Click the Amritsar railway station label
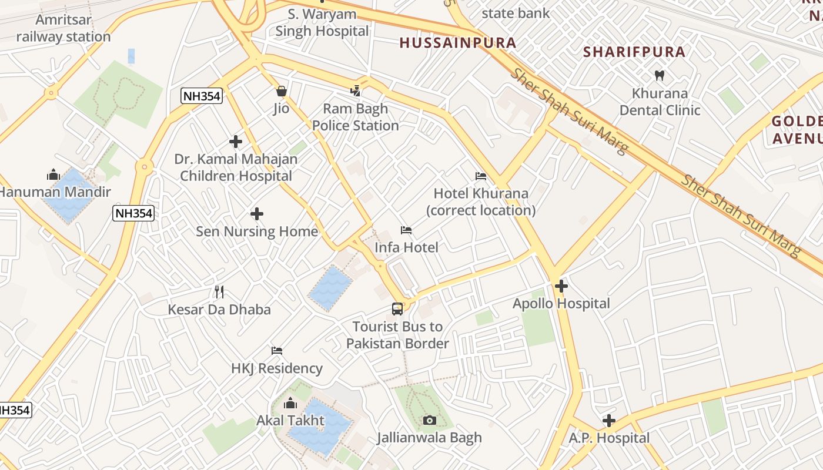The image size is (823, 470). (63, 28)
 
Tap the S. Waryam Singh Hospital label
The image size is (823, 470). (322, 22)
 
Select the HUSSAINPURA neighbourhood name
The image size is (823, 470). (457, 42)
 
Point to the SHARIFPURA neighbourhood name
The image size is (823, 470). (634, 52)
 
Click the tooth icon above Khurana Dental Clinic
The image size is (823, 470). (660, 75)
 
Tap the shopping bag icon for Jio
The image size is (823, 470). (282, 91)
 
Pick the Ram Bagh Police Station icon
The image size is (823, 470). (355, 90)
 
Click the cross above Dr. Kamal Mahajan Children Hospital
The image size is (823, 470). (236, 142)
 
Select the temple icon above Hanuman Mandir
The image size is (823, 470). (53, 174)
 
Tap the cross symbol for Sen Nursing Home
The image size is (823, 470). (257, 214)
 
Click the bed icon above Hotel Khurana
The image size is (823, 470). (481, 176)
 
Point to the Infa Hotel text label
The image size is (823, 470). (406, 247)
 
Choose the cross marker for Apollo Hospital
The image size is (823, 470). (561, 286)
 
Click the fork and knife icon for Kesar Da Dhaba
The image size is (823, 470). (219, 291)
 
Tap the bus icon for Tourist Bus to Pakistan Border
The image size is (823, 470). (397, 308)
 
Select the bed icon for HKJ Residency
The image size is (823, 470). (277, 351)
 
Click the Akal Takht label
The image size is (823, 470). (290, 421)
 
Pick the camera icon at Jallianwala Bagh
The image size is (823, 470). (430, 420)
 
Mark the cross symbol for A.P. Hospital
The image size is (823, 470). (609, 421)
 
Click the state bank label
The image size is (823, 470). (516, 13)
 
